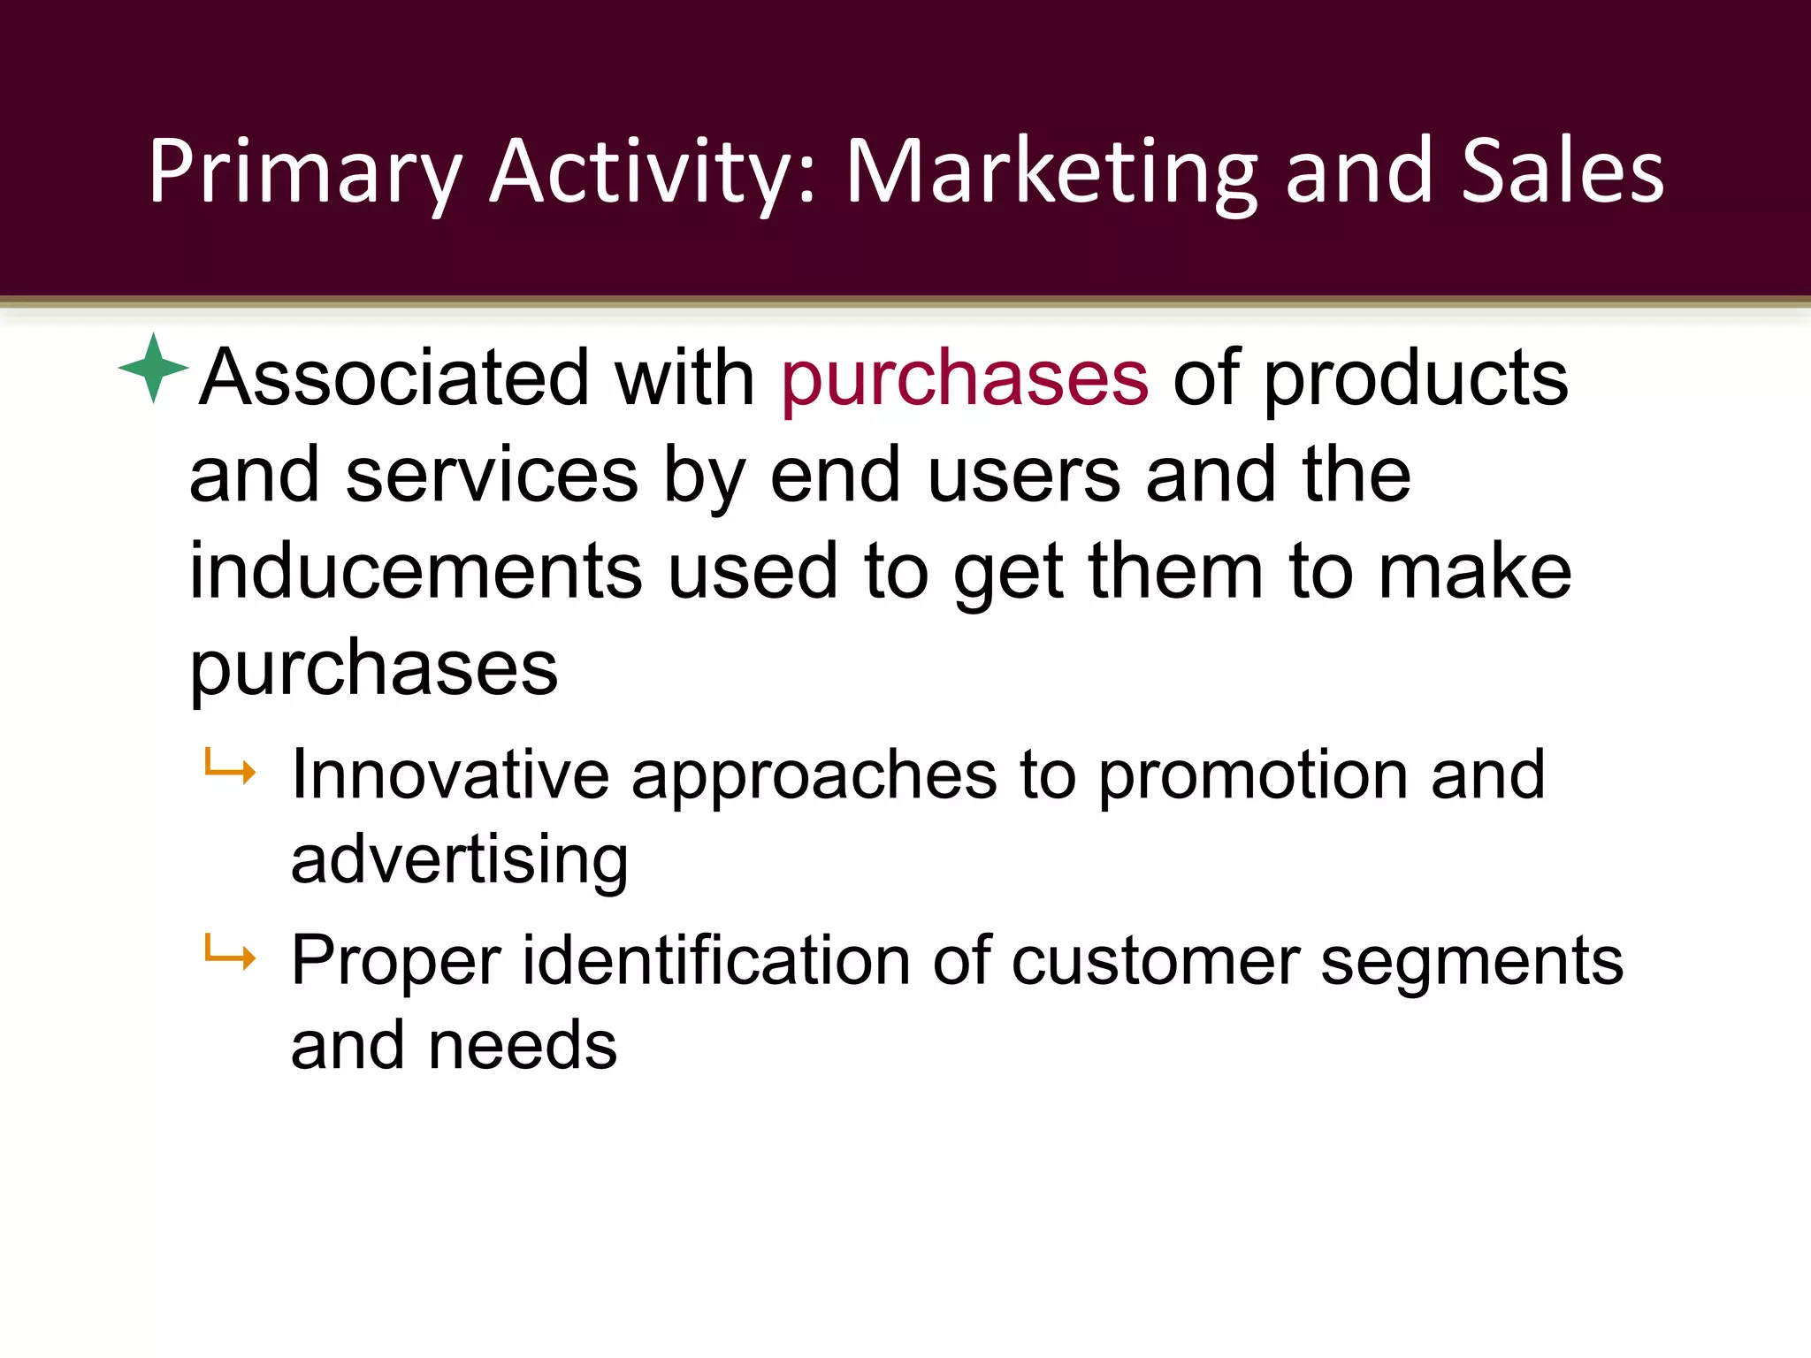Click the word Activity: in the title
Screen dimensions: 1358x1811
click(x=653, y=172)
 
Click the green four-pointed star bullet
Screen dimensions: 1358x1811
click(x=153, y=368)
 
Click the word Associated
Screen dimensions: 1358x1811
click(x=394, y=378)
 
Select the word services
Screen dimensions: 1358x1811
click(x=492, y=476)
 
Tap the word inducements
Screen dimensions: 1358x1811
click(x=416, y=572)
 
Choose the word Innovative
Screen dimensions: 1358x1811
click(x=450, y=775)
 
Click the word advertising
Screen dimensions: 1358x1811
click(x=459, y=861)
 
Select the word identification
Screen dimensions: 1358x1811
click(x=716, y=961)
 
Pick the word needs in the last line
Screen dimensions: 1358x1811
click(x=522, y=1046)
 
